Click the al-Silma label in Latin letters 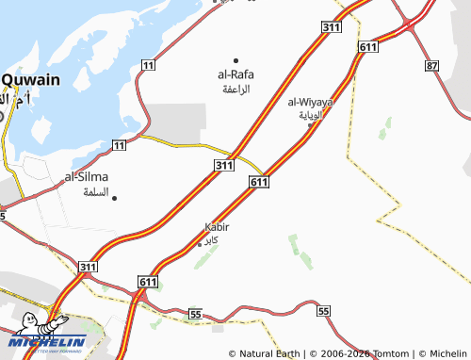coord(86,176)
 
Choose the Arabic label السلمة coord(96,191)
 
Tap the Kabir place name coord(217,227)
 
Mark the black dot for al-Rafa coord(235,60)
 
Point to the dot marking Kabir coord(199,243)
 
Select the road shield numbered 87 coord(431,65)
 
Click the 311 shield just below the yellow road coord(222,166)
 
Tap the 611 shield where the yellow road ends coord(261,181)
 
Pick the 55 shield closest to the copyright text coord(324,310)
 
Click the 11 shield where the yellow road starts coord(119,144)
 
